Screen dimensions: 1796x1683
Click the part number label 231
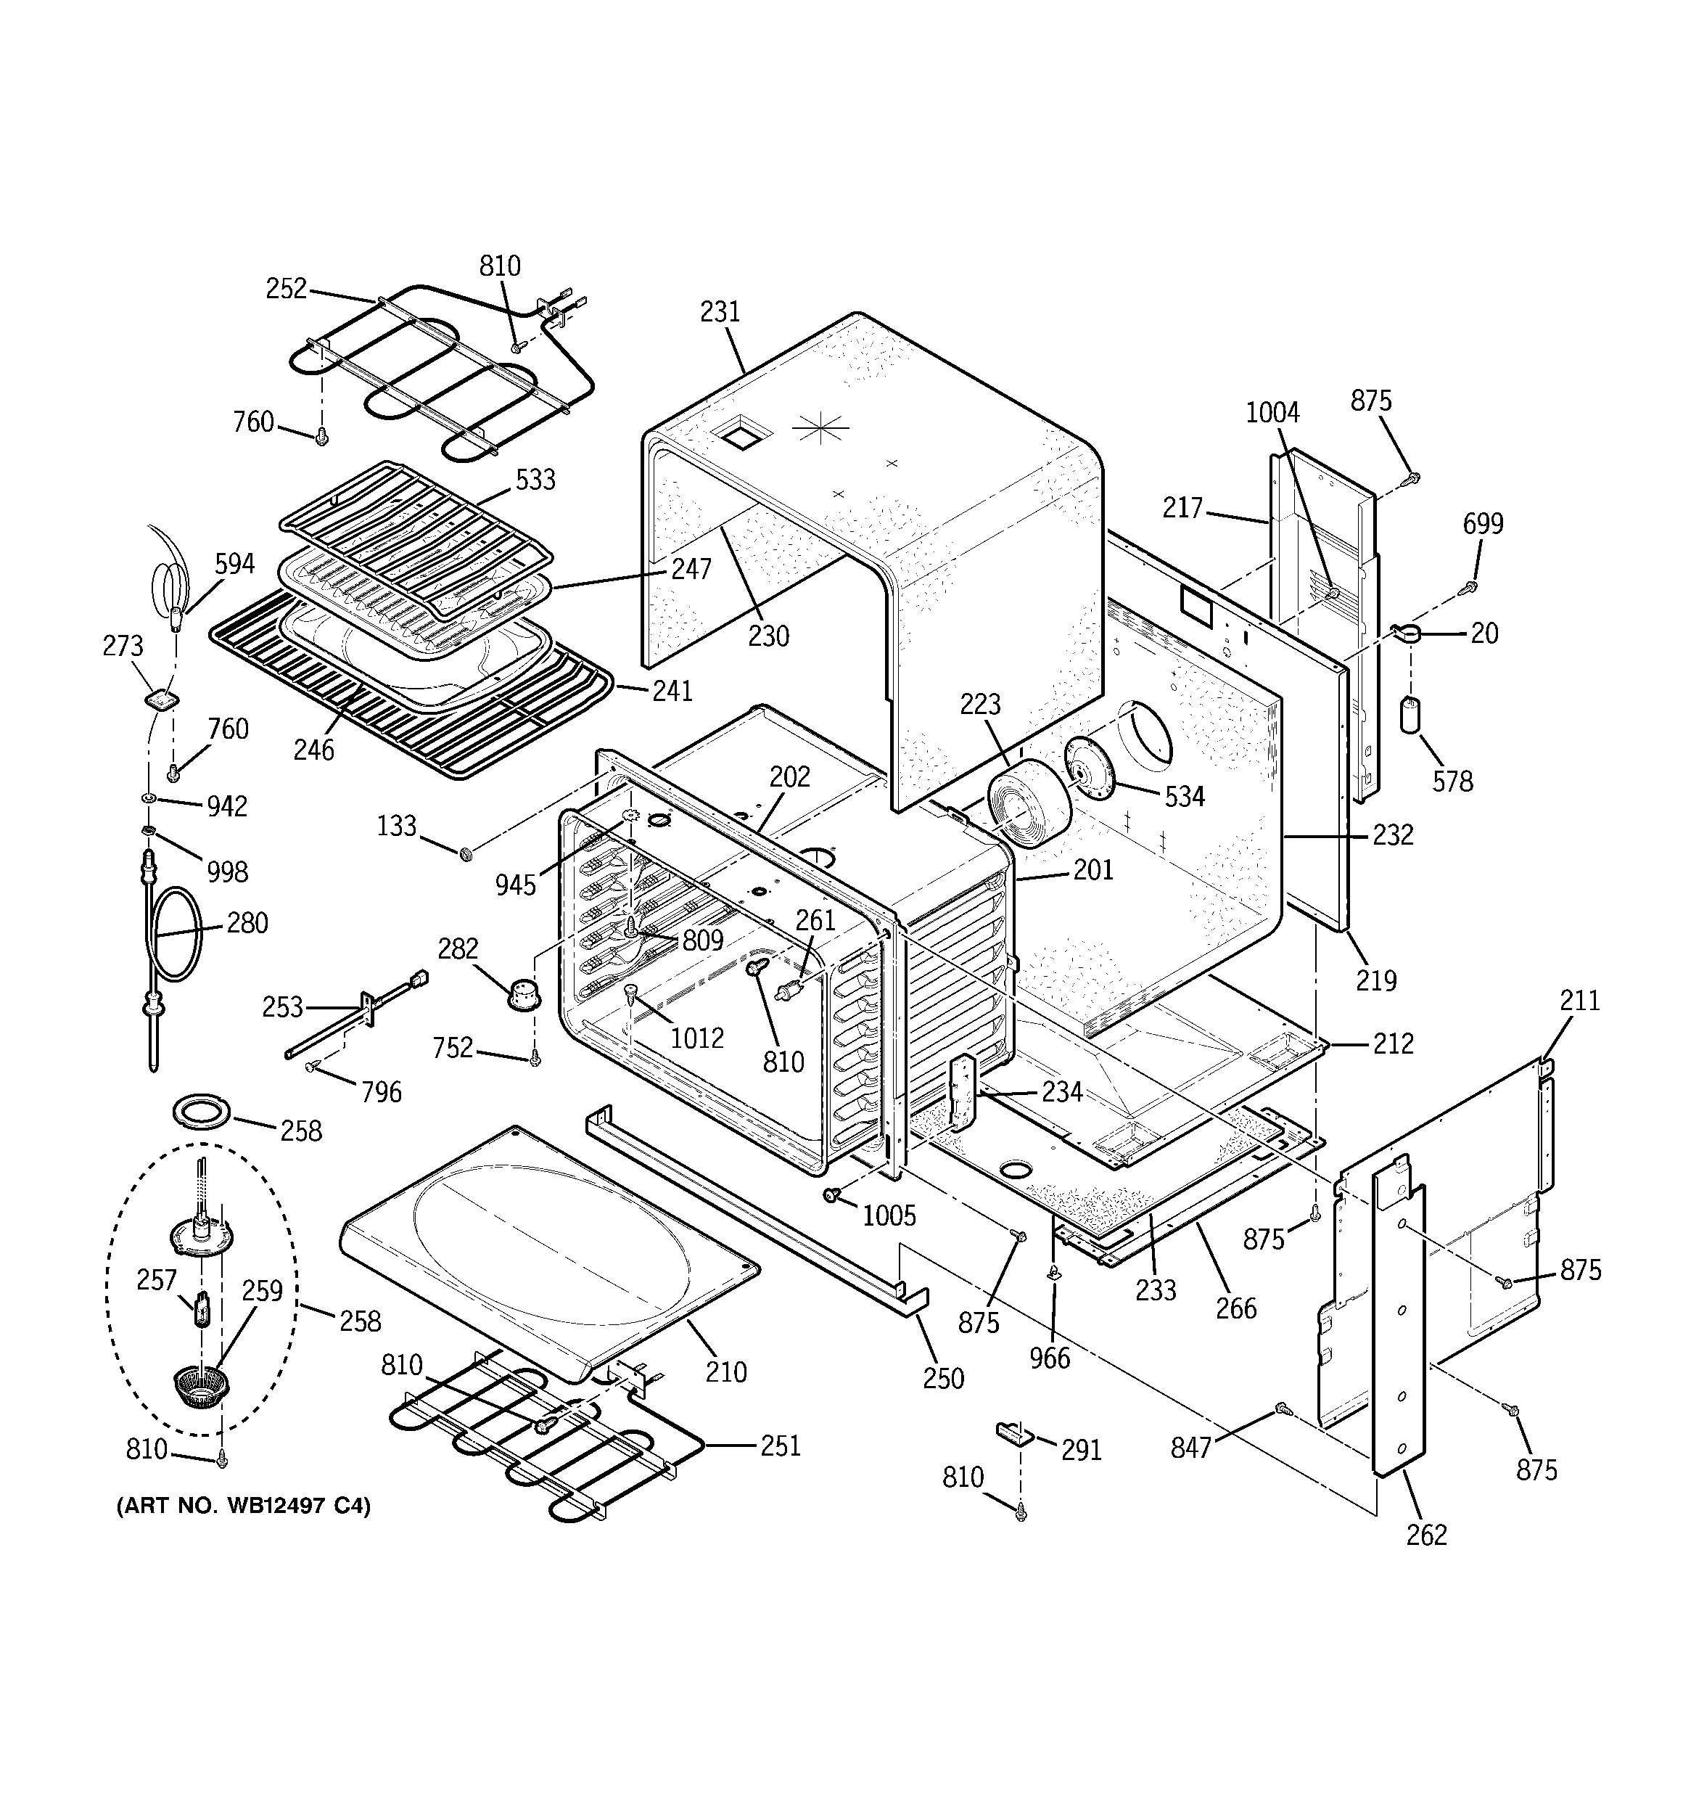(720, 313)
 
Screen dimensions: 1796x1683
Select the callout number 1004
(1272, 413)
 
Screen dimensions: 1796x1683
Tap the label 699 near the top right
(1483, 524)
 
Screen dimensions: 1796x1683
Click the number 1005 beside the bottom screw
(889, 1216)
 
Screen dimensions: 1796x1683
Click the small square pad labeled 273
(160, 698)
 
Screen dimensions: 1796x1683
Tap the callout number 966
(1049, 1358)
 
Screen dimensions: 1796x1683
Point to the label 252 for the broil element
(287, 289)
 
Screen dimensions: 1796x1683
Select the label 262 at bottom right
(1426, 1535)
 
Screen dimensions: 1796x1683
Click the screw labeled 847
(1281, 1408)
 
